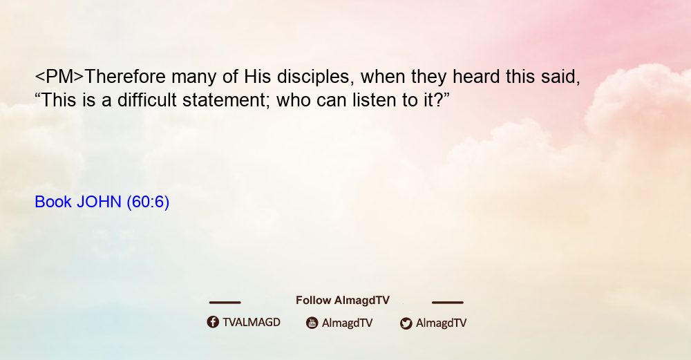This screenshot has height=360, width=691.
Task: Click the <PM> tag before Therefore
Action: tap(59, 77)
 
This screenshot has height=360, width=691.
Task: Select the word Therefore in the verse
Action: tap(124, 77)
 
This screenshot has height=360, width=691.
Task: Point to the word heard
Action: tap(476, 77)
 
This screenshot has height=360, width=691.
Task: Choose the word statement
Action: tap(227, 100)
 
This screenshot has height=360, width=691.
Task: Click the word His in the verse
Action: tap(258, 77)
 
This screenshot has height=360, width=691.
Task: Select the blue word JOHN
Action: tap(99, 202)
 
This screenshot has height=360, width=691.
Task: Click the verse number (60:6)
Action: tap(148, 202)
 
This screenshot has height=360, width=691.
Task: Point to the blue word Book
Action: tap(53, 202)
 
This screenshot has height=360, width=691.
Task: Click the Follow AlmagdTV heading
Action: tap(343, 301)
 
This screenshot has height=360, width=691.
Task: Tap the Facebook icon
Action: tap(213, 322)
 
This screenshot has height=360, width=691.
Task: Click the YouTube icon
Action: tap(312, 323)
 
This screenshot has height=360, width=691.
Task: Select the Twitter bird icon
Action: tap(406, 323)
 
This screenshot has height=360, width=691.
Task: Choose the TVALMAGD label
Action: tap(252, 323)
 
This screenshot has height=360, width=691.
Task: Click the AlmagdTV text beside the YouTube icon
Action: tap(348, 323)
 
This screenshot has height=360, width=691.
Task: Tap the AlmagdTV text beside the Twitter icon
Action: tap(441, 323)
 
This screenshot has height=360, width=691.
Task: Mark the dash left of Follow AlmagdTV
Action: tap(225, 302)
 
